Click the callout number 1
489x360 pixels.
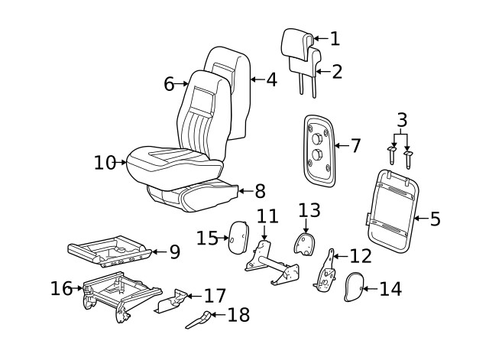(334, 38)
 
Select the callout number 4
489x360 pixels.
(271, 79)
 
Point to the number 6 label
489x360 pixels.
(170, 83)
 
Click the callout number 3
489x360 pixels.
(402, 120)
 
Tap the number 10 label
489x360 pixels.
(104, 162)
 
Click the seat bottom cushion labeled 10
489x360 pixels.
(168, 161)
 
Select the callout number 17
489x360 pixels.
(216, 295)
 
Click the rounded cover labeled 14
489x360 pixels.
(353, 287)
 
